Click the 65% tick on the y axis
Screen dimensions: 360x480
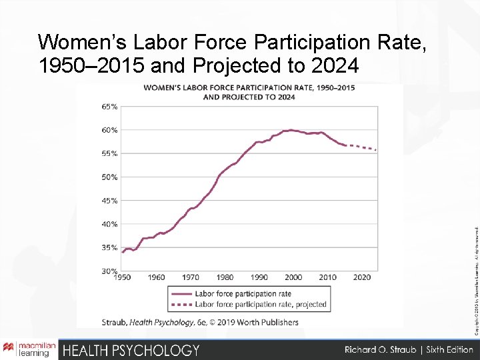pos(110,107)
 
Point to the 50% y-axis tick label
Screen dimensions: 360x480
pos(110,177)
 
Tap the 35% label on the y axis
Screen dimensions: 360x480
pos(110,247)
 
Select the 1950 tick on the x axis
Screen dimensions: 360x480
pos(121,277)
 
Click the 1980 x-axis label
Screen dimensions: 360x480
pos(225,277)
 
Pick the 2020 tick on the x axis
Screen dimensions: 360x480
pos(362,277)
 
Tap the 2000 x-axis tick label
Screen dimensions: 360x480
pos(293,277)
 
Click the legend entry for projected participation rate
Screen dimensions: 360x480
pos(260,305)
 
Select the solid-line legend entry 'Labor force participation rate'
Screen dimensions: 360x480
pos(243,293)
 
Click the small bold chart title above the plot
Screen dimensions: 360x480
pos(249,92)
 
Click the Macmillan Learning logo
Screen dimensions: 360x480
pos(29,349)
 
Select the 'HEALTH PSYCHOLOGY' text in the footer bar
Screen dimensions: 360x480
pos(131,350)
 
